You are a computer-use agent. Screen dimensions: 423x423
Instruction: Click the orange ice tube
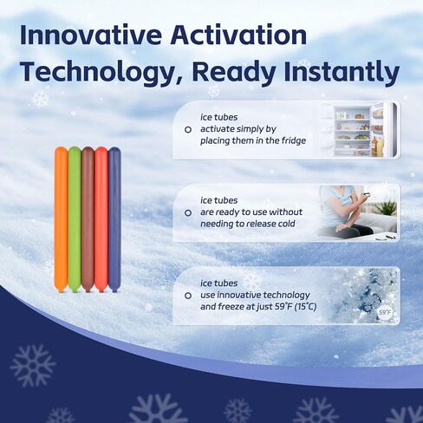coord(61,219)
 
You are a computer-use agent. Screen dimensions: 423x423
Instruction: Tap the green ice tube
coord(75,219)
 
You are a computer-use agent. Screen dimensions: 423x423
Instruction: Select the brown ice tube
coord(88,219)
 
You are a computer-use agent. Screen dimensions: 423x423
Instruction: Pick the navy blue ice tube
coord(114,219)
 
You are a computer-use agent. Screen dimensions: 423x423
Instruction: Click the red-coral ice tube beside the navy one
coord(101,219)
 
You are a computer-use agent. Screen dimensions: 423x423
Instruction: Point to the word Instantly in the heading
coord(342,72)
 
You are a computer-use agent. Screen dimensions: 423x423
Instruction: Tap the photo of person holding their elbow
coord(359,213)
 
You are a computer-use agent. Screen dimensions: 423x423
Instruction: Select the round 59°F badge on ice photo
coord(385,312)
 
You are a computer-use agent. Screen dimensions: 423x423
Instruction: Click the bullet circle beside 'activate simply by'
coord(188,130)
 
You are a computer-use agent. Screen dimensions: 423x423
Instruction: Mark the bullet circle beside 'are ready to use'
coord(188,213)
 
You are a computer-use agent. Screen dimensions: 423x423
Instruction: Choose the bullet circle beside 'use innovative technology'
coord(188,296)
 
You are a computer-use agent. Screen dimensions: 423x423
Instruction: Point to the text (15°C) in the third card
coord(305,307)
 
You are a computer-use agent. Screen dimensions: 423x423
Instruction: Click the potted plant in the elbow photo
coord(387,207)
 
